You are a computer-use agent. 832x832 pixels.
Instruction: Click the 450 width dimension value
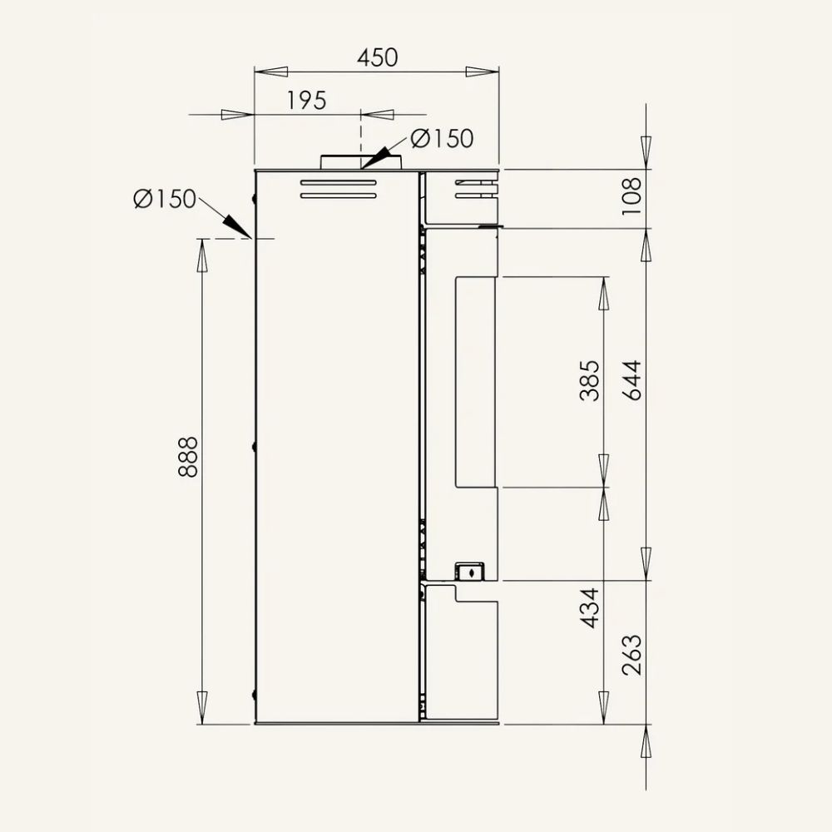coord(377,58)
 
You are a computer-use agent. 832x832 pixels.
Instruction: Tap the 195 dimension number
coord(307,101)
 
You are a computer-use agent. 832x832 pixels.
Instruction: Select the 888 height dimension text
coord(188,457)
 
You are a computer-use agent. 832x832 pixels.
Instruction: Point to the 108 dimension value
coord(631,196)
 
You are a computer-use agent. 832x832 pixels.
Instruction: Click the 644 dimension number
coord(631,380)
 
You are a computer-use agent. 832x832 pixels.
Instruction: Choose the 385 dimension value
coord(590,380)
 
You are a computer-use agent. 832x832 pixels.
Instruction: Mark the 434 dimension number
coord(590,608)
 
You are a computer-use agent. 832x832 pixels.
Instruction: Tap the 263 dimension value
coord(631,655)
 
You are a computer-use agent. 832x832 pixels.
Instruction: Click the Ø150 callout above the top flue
coord(442,138)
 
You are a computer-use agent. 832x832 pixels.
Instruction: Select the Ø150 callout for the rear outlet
coord(165,199)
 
